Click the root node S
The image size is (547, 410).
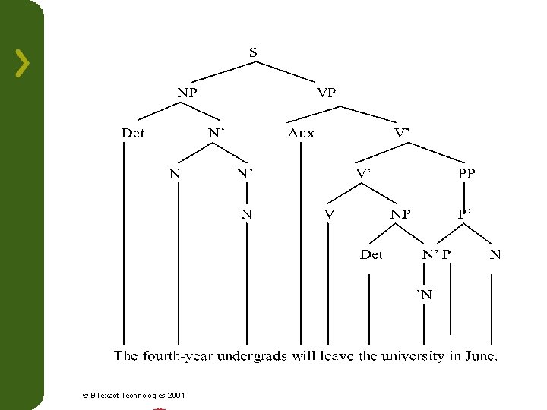coord(253,52)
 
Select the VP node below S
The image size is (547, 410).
coord(327,93)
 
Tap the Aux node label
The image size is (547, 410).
coord(301,134)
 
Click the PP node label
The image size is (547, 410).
coord(466,173)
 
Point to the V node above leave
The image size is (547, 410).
coord(328,214)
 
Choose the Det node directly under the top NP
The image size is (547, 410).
coord(133,134)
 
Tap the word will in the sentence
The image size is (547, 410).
coord(302,355)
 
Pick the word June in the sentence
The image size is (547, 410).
coord(482,355)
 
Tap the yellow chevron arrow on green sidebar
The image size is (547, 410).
coord(23,63)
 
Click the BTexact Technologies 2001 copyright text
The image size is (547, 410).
coord(133,395)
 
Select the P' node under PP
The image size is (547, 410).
coord(465,214)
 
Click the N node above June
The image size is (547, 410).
coord(495,255)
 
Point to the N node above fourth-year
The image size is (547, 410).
coord(175,173)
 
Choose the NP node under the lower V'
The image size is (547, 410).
coord(400,214)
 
